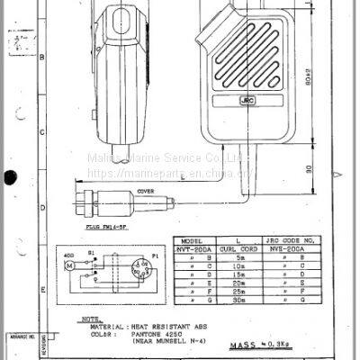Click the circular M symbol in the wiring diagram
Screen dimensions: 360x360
(67, 267)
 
